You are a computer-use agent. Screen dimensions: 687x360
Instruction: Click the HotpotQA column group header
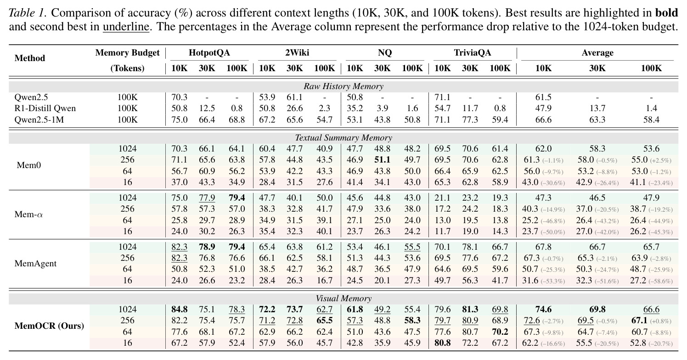(209, 53)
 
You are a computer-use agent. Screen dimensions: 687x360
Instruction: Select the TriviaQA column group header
(472, 53)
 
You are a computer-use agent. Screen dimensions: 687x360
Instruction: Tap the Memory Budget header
(127, 53)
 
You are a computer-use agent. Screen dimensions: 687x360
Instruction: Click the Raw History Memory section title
(343, 86)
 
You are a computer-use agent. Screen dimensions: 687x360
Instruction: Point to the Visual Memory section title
(343, 298)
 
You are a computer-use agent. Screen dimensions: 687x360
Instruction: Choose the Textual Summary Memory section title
(343, 138)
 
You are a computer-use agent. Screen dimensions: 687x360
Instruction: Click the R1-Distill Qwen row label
(45, 108)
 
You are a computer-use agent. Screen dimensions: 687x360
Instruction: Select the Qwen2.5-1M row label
(39, 119)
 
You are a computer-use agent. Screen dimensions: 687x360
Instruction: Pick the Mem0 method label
(28, 165)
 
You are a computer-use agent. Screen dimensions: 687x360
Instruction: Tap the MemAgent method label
(35, 264)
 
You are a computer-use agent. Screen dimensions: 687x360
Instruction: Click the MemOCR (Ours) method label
(49, 326)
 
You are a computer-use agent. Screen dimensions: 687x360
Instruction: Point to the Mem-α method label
(28, 214)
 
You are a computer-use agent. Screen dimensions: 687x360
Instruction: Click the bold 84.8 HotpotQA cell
(179, 309)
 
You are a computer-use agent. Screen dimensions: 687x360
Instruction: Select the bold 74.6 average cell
(543, 309)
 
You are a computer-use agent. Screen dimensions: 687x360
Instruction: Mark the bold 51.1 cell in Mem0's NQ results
(382, 160)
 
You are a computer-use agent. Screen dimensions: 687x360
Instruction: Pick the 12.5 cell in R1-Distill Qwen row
(207, 108)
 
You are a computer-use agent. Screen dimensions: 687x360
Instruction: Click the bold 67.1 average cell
(639, 321)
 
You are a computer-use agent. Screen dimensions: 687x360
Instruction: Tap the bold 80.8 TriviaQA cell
(442, 343)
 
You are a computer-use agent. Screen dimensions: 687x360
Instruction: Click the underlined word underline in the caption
(126, 27)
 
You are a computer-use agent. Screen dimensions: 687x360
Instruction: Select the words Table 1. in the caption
(28, 13)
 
